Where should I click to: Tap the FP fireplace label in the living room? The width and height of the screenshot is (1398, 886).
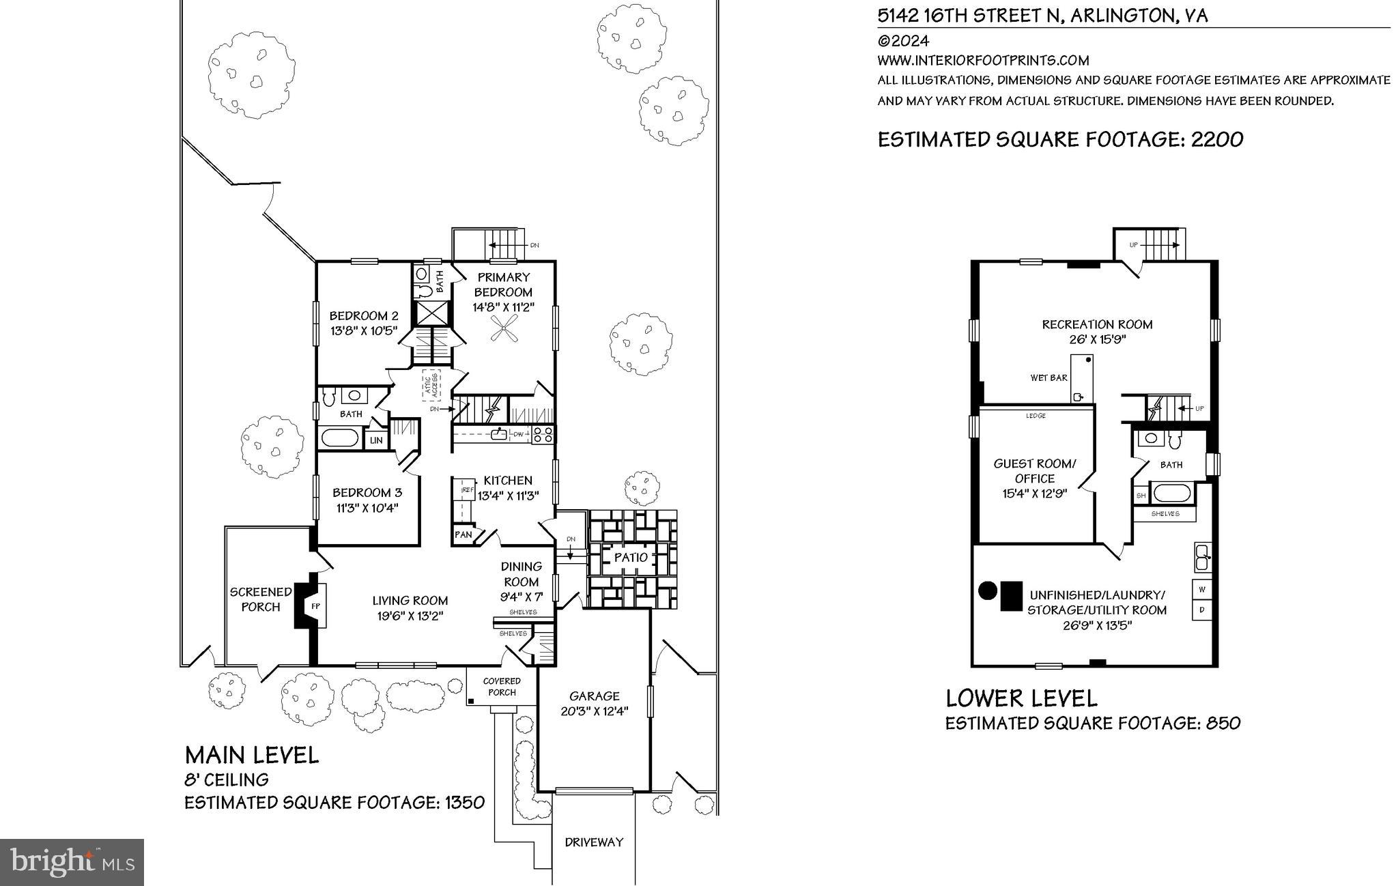pos(315,605)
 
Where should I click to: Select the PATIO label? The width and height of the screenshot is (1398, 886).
pos(631,558)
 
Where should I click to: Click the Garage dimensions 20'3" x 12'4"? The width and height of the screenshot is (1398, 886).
pos(594,711)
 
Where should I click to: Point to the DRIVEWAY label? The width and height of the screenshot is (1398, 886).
pos(594,842)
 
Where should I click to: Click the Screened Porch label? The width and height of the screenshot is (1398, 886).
pos(260,599)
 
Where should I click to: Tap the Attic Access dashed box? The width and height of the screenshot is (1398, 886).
pos(431,385)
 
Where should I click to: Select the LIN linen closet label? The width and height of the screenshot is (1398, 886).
pos(376,441)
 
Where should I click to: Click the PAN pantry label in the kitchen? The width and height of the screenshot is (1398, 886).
pos(463,534)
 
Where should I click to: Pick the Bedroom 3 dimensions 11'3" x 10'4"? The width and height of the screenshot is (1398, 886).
pos(367,508)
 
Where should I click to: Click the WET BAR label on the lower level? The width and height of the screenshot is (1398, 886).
pos(1048,377)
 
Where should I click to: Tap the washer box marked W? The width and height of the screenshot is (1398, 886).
pos(1201,588)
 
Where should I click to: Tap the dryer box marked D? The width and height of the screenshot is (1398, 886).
pos(1201,609)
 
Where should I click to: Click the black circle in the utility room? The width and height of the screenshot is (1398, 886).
pos(987,590)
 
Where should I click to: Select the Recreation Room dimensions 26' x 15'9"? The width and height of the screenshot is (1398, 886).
pos(1097,339)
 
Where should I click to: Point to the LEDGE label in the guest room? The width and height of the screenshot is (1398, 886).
pos(1036,416)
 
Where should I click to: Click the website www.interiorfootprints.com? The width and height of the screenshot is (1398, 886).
pos(983,60)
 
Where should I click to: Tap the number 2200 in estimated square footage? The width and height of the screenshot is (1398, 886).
pos(1217,139)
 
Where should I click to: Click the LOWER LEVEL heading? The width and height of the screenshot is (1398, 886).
pos(1021,698)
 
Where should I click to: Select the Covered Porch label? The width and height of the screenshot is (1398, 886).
pos(501,686)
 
